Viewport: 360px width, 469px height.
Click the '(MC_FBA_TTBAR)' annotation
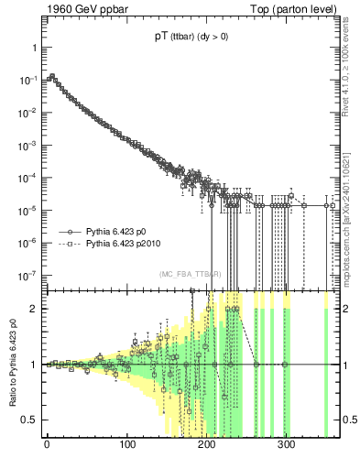pyautogui.click(x=190, y=274)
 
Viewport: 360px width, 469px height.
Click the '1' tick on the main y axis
pyautogui.click(x=33, y=47)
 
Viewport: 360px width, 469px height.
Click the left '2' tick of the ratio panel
pyautogui.click(x=33, y=309)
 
